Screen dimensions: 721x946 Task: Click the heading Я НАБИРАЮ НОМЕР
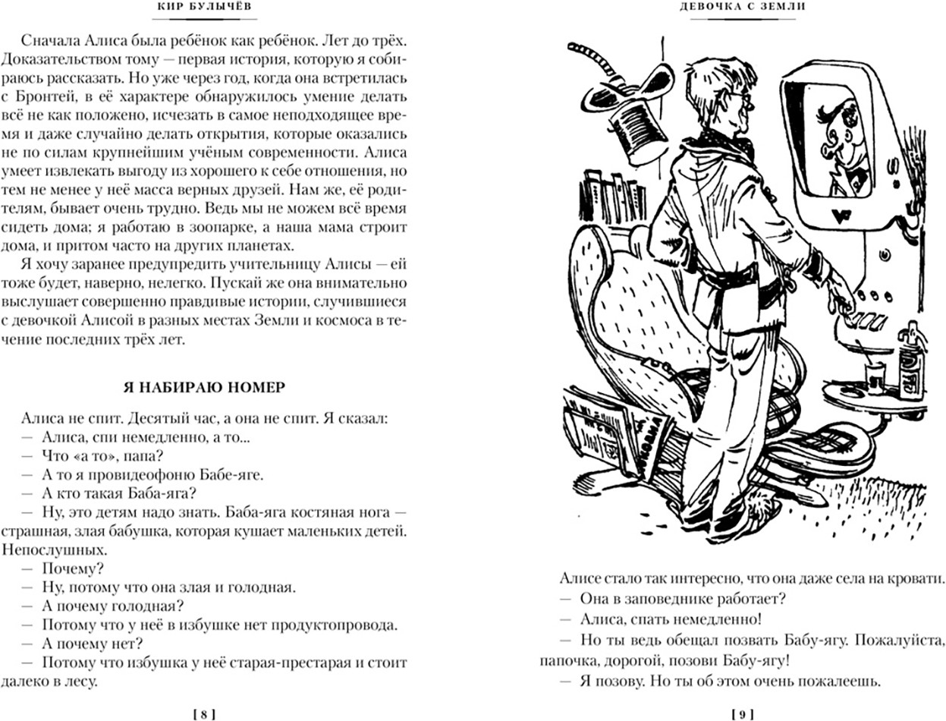[x=204, y=387]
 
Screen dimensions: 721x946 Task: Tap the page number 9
[x=740, y=713]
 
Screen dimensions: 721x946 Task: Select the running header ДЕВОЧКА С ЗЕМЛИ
[x=740, y=7]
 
